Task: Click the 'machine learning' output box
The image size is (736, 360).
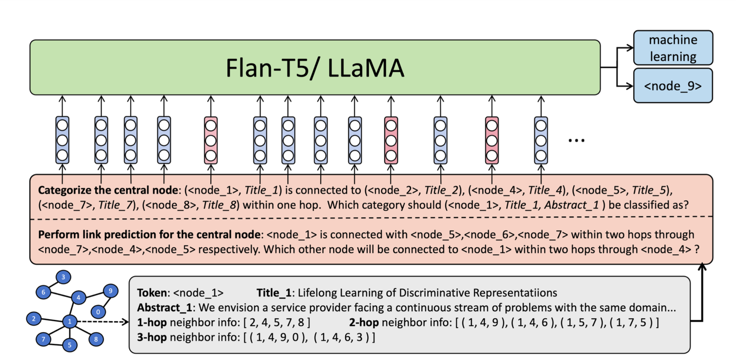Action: coord(673,48)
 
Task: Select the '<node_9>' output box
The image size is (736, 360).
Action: coord(673,86)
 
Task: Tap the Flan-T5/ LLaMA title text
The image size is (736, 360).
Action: coord(315,68)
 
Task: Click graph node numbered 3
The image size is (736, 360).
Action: coord(63,277)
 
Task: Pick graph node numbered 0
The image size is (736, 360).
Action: coord(98,312)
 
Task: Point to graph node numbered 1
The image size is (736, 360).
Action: coord(70,321)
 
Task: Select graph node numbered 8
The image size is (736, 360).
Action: coord(96,339)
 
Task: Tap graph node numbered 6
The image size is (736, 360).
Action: coord(43,292)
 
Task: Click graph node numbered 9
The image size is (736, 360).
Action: coord(110,291)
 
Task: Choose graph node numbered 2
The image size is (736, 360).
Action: coord(34,319)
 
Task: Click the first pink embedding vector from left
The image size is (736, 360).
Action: coord(211,140)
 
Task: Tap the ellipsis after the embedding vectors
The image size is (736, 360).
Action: coord(576,141)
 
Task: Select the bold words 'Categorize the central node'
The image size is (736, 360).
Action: coord(108,190)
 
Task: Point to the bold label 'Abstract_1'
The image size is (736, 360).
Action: coord(164,308)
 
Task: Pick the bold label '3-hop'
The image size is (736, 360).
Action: coord(152,337)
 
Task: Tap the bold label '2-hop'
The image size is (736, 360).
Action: coord(364,323)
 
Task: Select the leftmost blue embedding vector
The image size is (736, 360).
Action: coord(62,140)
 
